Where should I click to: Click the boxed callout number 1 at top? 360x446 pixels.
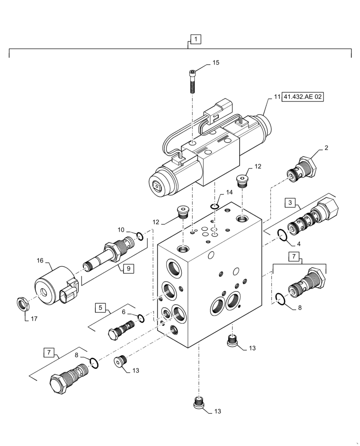[x=196, y=40]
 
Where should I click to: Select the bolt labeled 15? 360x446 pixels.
[x=192, y=80]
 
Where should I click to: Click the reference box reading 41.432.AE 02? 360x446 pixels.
[x=303, y=97]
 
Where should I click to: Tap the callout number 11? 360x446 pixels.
[x=276, y=97]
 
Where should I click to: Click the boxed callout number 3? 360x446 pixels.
[x=290, y=203]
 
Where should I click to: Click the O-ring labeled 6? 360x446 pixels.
[x=140, y=318]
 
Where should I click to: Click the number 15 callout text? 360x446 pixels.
[x=215, y=63]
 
